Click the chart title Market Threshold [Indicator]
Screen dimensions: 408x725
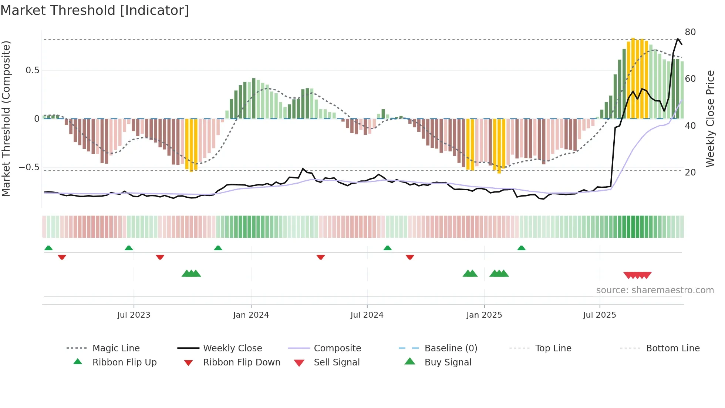click(95, 10)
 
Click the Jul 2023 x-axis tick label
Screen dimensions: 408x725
click(134, 315)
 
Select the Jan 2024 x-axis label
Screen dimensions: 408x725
click(251, 315)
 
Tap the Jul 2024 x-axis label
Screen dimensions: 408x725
click(367, 315)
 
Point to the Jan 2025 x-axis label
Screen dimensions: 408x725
click(484, 315)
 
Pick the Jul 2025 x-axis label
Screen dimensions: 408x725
click(599, 315)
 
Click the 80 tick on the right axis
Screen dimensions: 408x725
click(690, 32)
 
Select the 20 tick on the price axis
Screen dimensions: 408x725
click(690, 173)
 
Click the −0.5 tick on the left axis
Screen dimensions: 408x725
click(29, 167)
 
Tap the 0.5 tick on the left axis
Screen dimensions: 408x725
click(32, 70)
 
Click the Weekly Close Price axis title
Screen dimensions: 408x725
click(710, 118)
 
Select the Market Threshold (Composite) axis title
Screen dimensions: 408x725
click(6, 118)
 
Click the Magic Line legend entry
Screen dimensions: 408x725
click(116, 348)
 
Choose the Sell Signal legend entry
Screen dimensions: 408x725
click(336, 362)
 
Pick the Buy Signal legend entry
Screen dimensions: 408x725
click(448, 362)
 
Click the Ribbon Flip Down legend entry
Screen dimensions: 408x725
click(241, 362)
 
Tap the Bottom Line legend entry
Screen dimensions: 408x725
click(672, 348)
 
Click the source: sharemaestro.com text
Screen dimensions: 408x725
click(655, 290)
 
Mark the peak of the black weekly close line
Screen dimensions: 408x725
click(678, 39)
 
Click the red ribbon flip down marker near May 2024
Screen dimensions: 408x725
click(320, 257)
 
